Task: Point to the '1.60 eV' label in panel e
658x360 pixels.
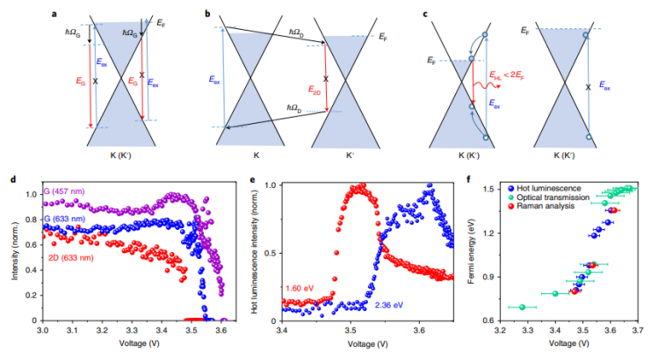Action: point(304,287)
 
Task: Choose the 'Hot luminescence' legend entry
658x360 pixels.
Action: point(551,190)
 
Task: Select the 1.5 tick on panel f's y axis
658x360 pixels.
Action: point(489,189)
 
